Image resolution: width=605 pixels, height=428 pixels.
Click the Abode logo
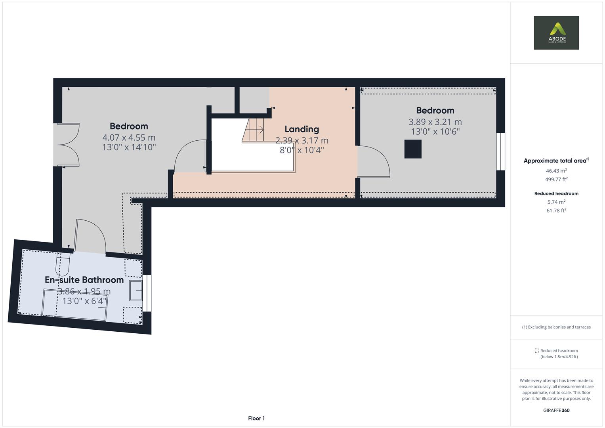556,33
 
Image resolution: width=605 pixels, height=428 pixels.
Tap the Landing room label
302,129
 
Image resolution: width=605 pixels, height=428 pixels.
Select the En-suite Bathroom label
84,280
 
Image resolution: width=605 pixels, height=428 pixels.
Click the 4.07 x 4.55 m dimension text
129,138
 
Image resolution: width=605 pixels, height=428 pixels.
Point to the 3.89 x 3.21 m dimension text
435,122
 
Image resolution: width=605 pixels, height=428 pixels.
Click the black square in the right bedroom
413,149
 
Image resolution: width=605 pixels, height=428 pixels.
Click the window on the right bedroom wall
501,151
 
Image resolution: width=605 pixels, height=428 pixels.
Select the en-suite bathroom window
147,293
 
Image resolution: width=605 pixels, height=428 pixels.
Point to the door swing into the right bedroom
373,161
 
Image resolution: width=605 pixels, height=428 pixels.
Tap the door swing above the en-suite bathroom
90,236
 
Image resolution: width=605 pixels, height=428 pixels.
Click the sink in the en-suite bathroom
136,291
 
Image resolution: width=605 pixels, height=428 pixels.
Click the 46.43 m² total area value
556,171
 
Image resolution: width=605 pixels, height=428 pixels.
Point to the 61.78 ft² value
556,210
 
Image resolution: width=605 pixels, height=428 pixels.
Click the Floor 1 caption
256,418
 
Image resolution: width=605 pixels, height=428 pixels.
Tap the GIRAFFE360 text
556,410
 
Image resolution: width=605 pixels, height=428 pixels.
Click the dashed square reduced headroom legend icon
536,351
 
